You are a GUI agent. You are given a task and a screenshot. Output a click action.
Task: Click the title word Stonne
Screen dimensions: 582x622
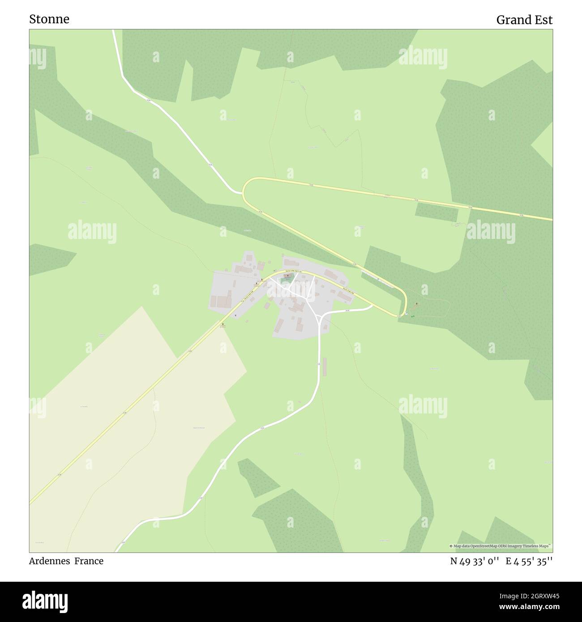pyautogui.click(x=49, y=19)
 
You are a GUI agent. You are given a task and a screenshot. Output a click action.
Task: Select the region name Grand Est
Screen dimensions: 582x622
pyautogui.click(x=524, y=20)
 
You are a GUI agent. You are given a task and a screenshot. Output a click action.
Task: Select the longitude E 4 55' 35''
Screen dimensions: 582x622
pyautogui.click(x=529, y=562)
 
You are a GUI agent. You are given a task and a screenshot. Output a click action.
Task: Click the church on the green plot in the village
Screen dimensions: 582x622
pyautogui.click(x=287, y=277)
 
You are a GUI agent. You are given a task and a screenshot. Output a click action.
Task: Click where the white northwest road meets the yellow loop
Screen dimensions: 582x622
pyautogui.click(x=242, y=193)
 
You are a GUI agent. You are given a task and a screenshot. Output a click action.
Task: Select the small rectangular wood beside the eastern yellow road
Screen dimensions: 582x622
pyautogui.click(x=436, y=212)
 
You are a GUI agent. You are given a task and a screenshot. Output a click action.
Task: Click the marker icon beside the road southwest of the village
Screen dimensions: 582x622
pyautogui.click(x=223, y=324)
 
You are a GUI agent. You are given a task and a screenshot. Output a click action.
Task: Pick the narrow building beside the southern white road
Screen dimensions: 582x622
pyautogui.click(x=325, y=367)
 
